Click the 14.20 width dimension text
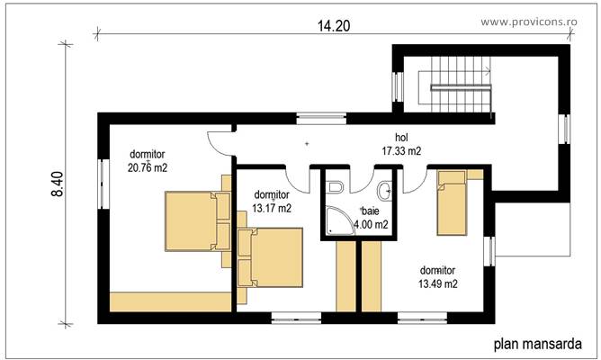(x=331, y=26)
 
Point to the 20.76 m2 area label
(x=148, y=167)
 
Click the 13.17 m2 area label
(x=272, y=208)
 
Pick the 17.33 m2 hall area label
(x=401, y=152)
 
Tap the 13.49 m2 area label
(x=438, y=283)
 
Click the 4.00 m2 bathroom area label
(x=371, y=224)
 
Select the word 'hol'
(x=401, y=139)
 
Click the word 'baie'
(x=370, y=211)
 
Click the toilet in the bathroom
(x=335, y=188)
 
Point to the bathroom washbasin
(x=386, y=189)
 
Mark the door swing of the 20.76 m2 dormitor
(x=218, y=140)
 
